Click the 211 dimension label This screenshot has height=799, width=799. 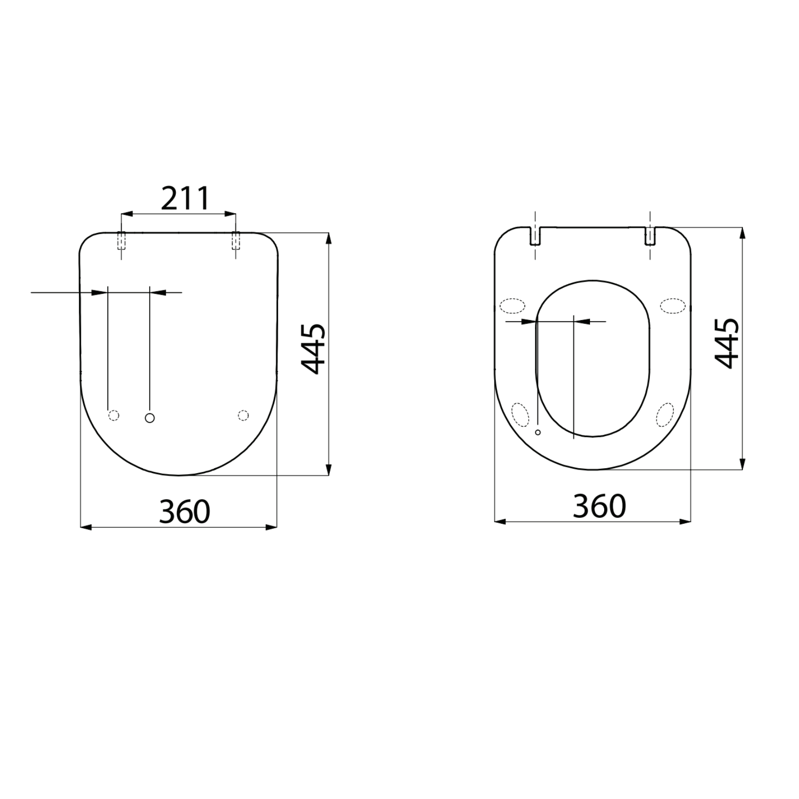coord(185,198)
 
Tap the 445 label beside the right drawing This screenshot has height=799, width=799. coord(726,343)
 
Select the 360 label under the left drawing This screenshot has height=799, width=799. coord(185,511)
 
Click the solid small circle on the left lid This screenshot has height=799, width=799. coord(150,418)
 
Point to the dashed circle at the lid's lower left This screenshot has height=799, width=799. coord(114,415)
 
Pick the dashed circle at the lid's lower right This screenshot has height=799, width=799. coord(243,415)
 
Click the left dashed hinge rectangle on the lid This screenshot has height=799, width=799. coord(121,241)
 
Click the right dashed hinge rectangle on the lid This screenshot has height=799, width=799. coord(235,241)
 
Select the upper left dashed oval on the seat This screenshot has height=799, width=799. coord(513,305)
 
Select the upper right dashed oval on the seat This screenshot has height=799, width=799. coord(673,305)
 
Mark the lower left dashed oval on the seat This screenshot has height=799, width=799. coord(520,415)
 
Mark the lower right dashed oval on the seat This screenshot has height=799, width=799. coord(665,415)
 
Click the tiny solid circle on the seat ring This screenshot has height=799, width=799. coord(538,432)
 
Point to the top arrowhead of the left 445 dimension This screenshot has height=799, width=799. coord(329,238)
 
